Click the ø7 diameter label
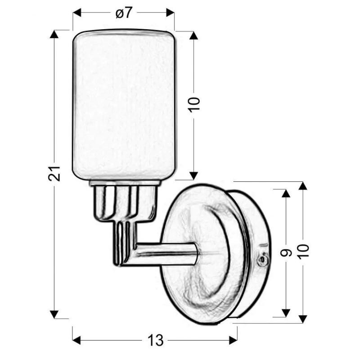coord(124,13)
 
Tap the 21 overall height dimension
coord(54,173)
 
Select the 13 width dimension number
coord(156,340)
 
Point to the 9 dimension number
coord(286,252)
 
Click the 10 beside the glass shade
coord(194,105)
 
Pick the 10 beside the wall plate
coord(303,252)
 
